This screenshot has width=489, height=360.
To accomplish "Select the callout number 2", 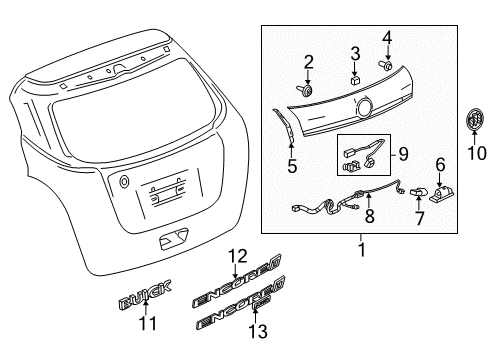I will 309,62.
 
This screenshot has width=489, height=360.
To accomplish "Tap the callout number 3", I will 355,52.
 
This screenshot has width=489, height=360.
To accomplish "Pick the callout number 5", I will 292,167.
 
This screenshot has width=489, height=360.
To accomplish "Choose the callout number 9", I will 403,155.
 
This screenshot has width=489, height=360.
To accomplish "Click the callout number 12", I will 236,256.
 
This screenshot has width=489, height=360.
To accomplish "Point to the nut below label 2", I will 308,91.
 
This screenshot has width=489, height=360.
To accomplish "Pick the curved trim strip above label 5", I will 284,125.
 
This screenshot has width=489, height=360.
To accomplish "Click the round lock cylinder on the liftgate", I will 124,182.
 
